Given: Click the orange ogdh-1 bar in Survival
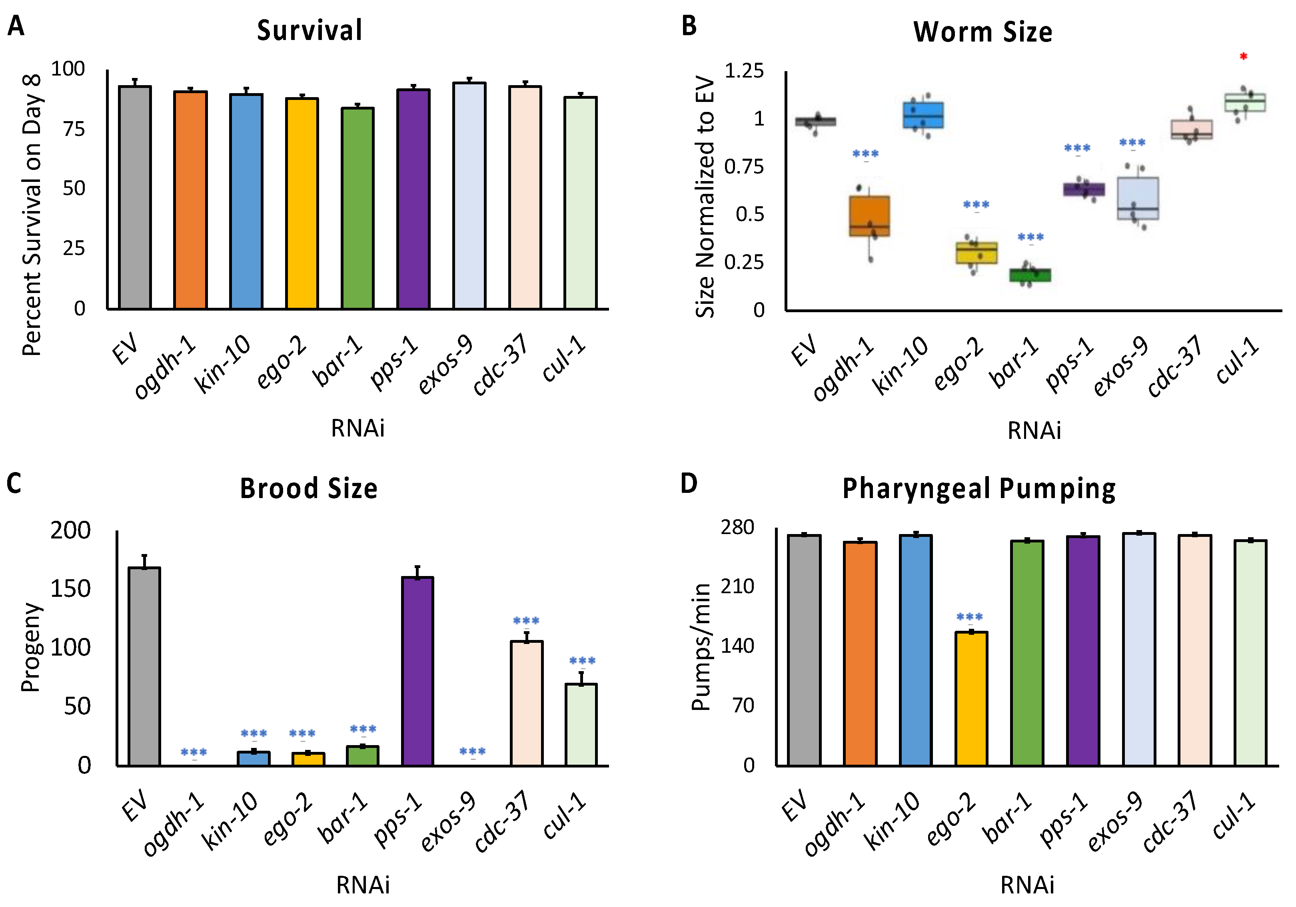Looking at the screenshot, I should (190, 200).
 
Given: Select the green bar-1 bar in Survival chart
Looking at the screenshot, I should (357, 208).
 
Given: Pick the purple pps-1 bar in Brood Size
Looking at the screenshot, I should (417, 671).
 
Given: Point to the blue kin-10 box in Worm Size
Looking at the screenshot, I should (923, 115).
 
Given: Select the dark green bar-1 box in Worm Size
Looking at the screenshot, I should (1030, 275).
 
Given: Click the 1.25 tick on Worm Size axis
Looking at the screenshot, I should (743, 71).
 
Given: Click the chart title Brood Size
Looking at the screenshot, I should (308, 488).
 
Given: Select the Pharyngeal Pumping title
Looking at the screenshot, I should (978, 489).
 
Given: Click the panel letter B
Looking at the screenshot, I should (689, 26).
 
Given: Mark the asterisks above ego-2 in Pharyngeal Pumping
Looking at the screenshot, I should (970, 617).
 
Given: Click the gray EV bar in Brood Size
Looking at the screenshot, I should (144, 666).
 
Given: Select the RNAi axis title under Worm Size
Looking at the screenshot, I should (1034, 431).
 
